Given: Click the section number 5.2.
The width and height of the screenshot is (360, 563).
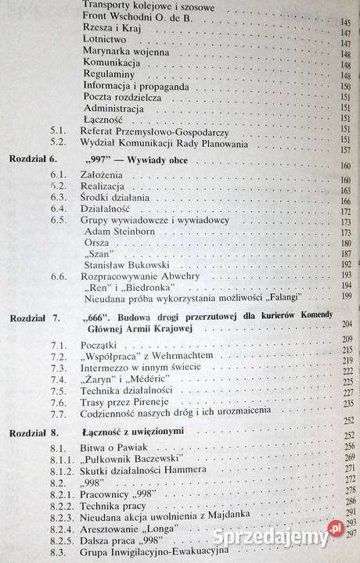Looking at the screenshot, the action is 56,144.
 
